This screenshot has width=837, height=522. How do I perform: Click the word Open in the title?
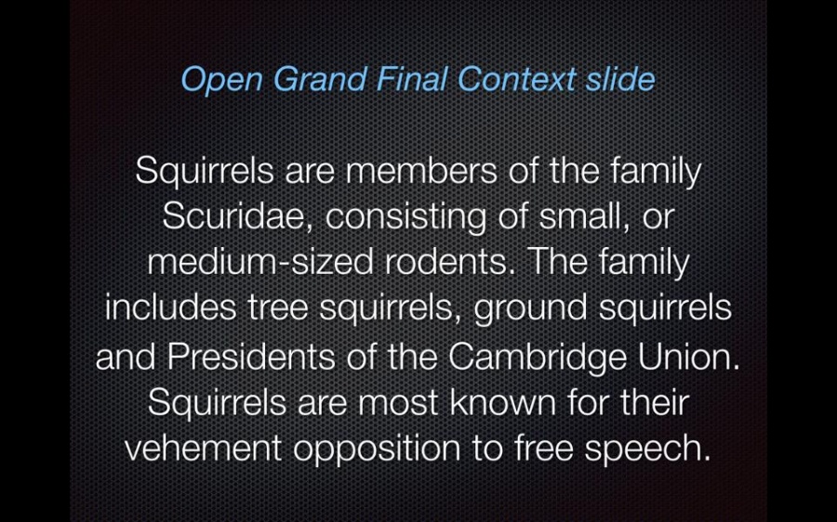click(221, 81)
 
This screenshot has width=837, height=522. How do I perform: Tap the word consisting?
click(405, 218)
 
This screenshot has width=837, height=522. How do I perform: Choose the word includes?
click(170, 307)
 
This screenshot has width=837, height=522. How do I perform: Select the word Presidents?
click(251, 356)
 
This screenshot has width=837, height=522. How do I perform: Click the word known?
click(503, 402)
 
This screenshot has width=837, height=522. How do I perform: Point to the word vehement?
click(203, 448)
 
